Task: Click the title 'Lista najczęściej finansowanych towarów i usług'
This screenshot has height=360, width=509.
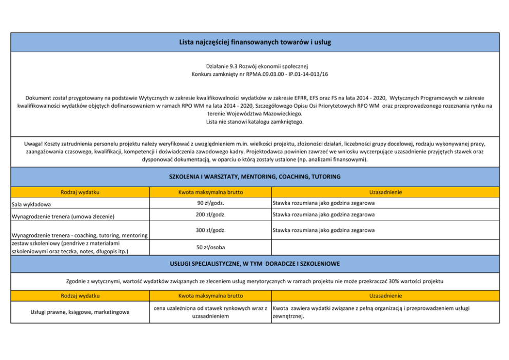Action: click(x=255, y=42)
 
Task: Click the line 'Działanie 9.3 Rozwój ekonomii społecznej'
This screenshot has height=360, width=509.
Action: click(x=255, y=66)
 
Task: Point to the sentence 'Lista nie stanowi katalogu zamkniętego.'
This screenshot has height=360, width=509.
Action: click(x=255, y=122)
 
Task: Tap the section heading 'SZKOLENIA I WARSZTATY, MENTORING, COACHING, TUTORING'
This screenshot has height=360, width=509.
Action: click(x=255, y=176)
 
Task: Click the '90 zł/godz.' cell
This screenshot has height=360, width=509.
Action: click(x=210, y=203)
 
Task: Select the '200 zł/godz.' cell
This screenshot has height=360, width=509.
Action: click(x=210, y=214)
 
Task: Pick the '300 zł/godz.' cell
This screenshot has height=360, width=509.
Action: click(x=210, y=230)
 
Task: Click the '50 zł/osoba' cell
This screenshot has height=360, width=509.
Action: click(x=210, y=247)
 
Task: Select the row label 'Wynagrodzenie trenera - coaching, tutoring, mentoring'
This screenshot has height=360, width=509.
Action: click(x=79, y=235)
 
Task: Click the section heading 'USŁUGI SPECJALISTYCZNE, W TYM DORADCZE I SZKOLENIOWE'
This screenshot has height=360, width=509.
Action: click(x=255, y=264)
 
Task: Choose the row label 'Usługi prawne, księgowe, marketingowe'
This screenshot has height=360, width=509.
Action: click(x=80, y=312)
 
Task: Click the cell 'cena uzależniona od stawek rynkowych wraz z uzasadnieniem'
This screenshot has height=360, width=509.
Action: click(x=210, y=312)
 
